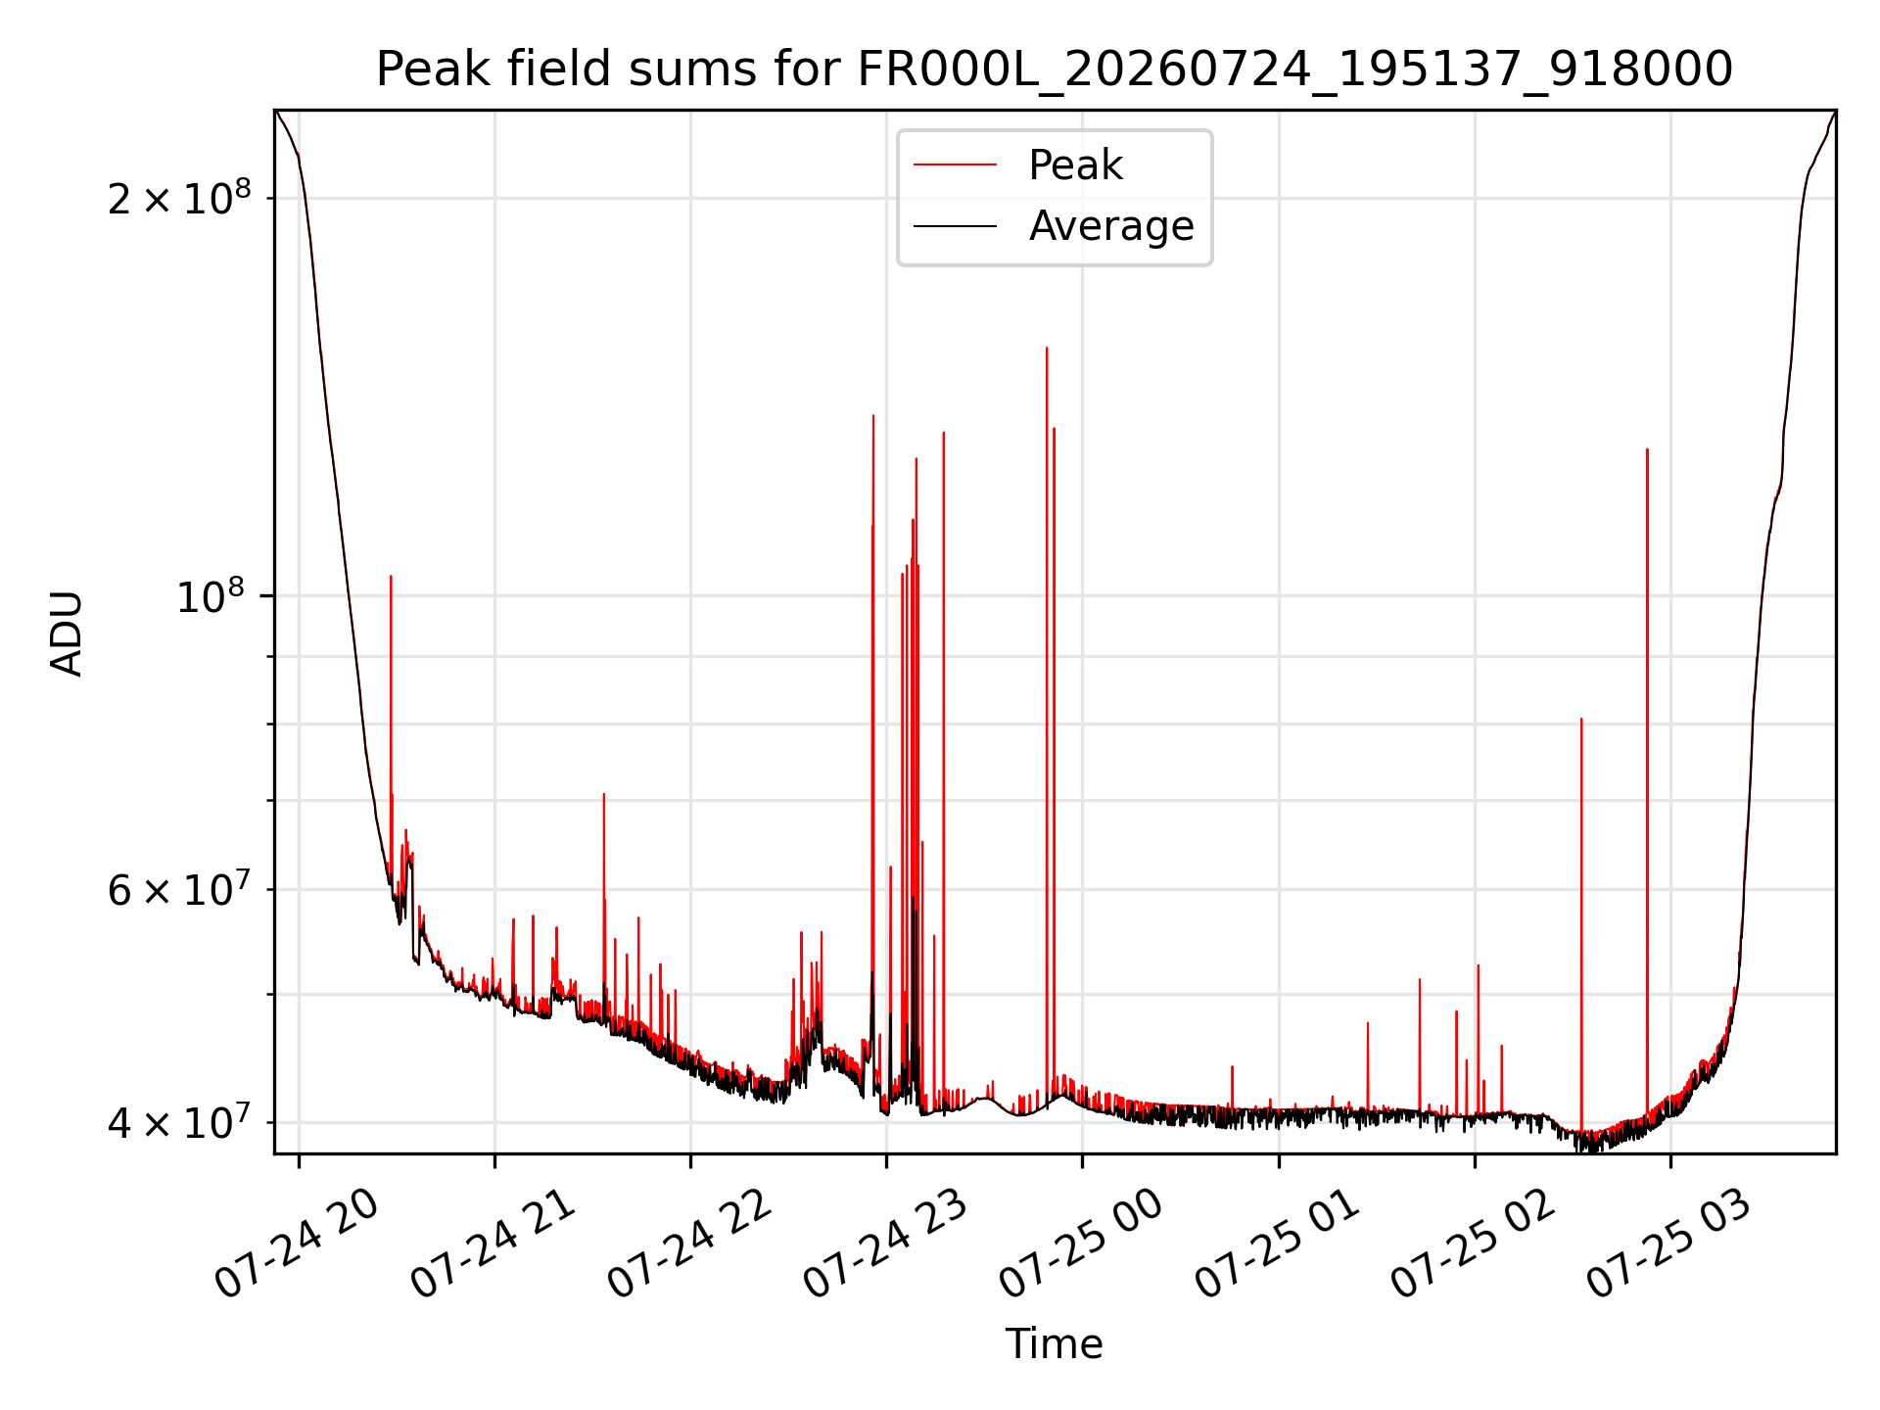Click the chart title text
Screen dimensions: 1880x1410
click(x=1055, y=69)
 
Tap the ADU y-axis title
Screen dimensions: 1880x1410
click(x=67, y=633)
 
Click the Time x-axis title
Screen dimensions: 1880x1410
click(x=1054, y=1344)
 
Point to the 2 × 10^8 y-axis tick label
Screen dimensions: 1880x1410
click(x=179, y=198)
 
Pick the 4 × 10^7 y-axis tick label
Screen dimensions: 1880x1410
click(x=179, y=1122)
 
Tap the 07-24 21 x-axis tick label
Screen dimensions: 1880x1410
click(x=493, y=1244)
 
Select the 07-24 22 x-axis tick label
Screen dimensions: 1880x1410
click(x=690, y=1244)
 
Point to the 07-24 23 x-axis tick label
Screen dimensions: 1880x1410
click(x=886, y=1244)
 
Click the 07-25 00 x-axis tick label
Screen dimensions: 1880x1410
click(x=1082, y=1244)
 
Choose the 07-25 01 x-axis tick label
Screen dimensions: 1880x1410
click(x=1279, y=1244)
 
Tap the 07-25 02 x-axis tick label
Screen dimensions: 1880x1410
click(x=1475, y=1244)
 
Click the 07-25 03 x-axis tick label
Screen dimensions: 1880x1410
click(x=1670, y=1244)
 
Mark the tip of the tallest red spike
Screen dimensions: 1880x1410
click(x=1047, y=348)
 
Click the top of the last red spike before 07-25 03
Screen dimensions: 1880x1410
click(x=1647, y=449)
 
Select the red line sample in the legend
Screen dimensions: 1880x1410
click(x=955, y=165)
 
